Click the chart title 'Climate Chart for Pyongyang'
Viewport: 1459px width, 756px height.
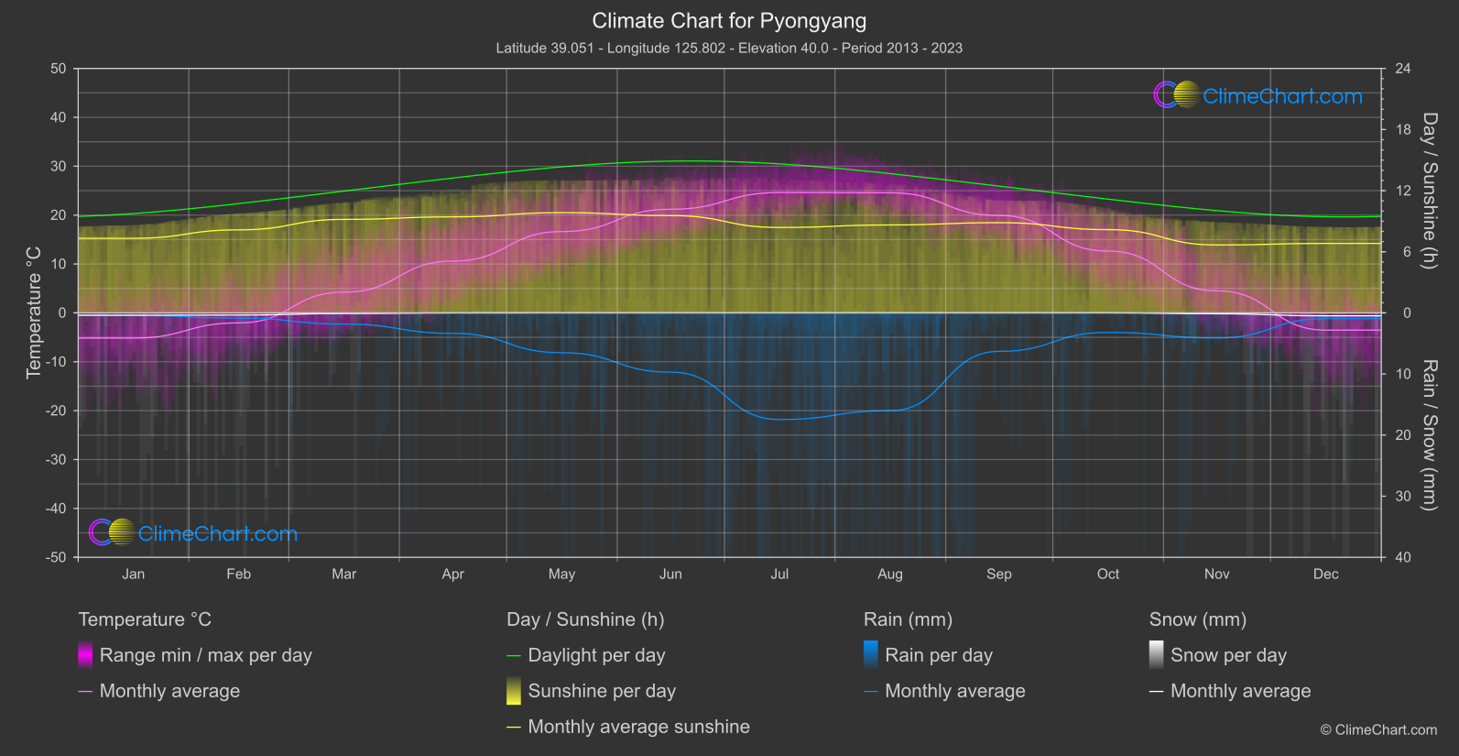[729, 20]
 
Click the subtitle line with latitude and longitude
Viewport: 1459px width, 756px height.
[729, 48]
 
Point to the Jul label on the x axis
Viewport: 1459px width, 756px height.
[779, 574]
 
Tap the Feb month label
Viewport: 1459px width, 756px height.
[238, 574]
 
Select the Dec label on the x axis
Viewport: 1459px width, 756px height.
[1325, 574]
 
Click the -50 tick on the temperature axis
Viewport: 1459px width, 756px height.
[57, 557]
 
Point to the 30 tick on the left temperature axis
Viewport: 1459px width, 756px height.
[59, 167]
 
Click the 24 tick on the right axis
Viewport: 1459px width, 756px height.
[1402, 69]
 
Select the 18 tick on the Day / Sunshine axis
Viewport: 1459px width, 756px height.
[1402, 130]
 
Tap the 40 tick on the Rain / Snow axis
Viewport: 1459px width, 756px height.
[1402, 557]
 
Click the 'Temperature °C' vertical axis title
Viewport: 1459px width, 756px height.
[34, 312]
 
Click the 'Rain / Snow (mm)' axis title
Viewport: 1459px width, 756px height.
[1429, 434]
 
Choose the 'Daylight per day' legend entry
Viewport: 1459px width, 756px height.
[596, 655]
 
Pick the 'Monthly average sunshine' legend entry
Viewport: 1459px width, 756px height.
[638, 727]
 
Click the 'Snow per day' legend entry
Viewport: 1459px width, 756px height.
[1228, 655]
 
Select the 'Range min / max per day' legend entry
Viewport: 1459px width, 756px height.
[205, 655]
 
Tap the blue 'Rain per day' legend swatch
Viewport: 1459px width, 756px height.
[871, 654]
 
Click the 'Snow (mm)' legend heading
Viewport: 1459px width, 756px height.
[1197, 619]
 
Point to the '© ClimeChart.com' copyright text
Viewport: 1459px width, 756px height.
[1378, 729]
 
